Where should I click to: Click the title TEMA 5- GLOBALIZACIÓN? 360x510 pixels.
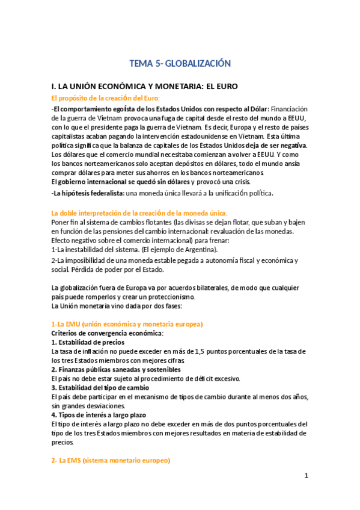pos(180,63)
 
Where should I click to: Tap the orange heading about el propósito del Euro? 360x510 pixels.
pos(106,98)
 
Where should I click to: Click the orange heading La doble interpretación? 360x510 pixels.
pos(139,213)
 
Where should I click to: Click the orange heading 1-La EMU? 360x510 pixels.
pos(127,324)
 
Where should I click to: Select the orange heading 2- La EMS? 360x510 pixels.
pos(111,461)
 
